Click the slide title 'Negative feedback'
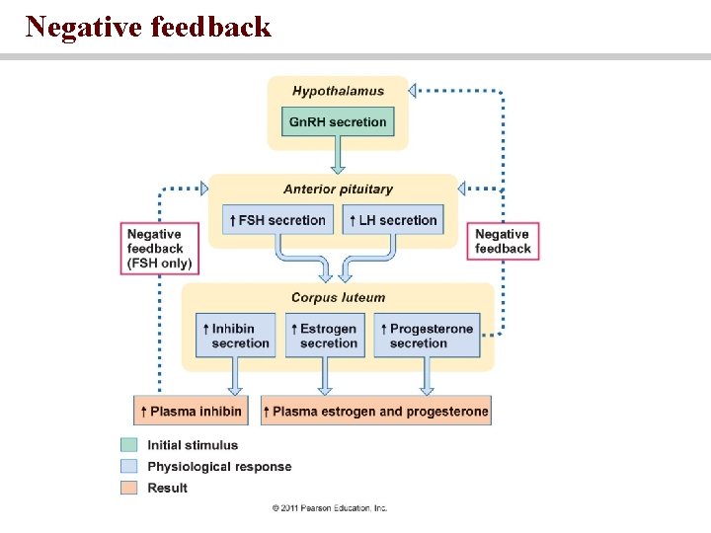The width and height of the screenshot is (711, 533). click(148, 27)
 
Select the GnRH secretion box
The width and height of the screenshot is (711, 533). click(338, 122)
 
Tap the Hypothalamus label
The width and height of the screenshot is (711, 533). click(338, 92)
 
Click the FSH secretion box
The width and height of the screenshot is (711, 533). click(276, 220)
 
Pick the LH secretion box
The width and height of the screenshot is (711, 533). click(392, 220)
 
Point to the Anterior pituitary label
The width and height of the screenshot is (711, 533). click(338, 190)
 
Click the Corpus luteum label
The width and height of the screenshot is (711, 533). click(338, 297)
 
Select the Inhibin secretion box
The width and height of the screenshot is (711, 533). click(234, 336)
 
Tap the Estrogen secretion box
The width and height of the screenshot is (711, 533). click(324, 336)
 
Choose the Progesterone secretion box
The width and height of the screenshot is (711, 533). click(427, 336)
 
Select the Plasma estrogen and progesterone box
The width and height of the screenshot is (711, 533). click(376, 411)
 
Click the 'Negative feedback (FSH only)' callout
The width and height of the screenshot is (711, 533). click(160, 249)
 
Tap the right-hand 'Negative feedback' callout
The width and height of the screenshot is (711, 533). click(503, 242)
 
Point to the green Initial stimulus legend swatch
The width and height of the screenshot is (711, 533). click(128, 445)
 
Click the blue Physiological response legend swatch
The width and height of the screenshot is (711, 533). click(128, 466)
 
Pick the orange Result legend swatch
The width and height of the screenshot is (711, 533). click(128, 488)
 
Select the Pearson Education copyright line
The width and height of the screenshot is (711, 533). click(330, 508)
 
